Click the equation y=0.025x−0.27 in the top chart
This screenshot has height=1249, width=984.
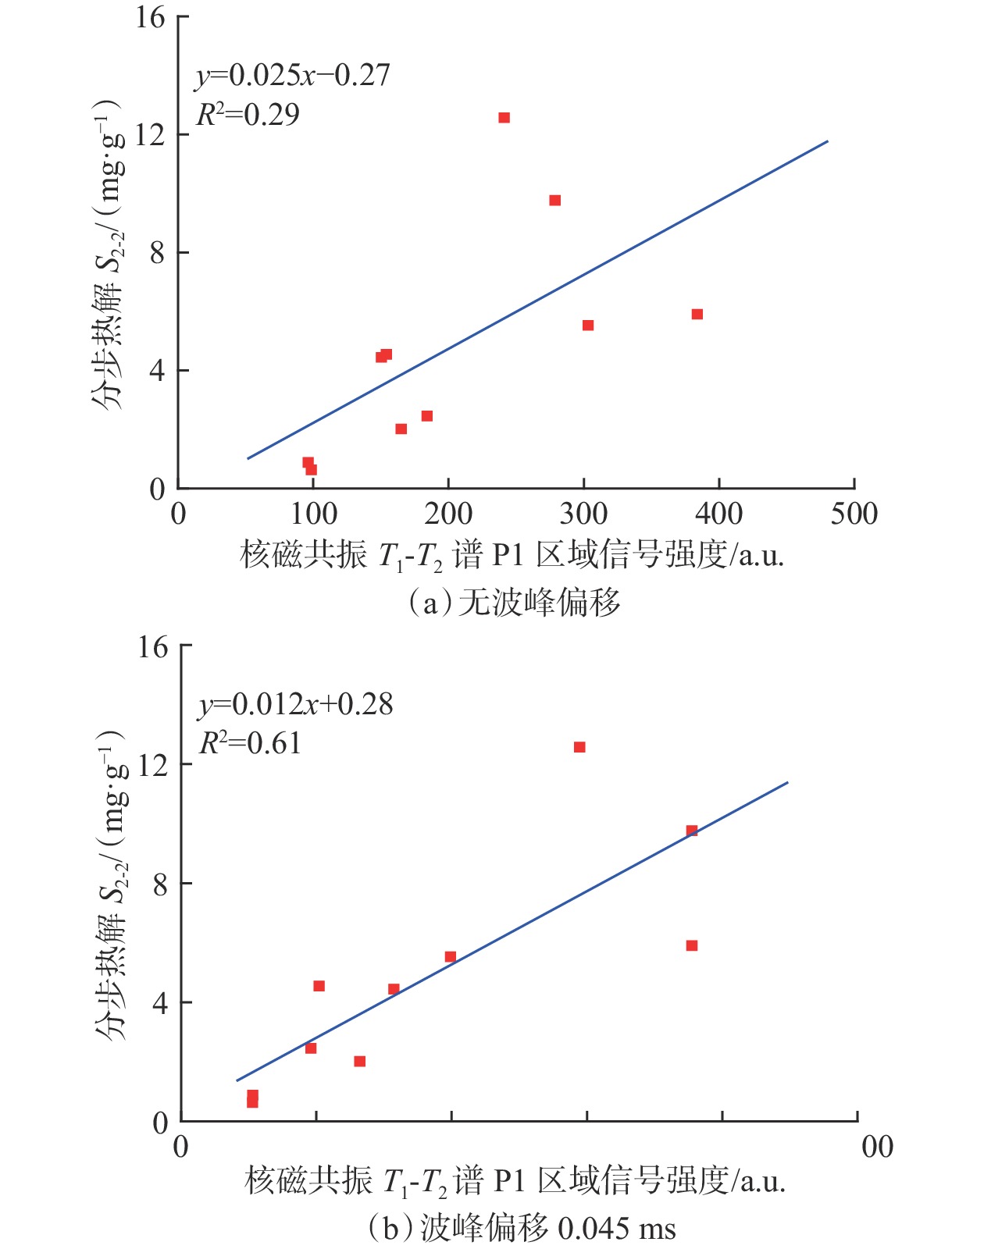point(293,76)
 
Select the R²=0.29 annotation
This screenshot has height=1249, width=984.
point(248,115)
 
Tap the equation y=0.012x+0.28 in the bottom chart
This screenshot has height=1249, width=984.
point(296,705)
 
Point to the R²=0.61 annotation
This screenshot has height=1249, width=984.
point(251,743)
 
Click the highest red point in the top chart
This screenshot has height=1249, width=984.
point(504,118)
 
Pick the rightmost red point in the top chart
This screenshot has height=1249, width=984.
point(697,315)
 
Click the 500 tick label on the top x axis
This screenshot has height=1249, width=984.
point(854,514)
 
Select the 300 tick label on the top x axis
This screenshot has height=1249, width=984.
point(583,514)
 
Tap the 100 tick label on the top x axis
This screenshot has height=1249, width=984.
point(313,514)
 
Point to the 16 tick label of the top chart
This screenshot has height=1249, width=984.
point(151,17)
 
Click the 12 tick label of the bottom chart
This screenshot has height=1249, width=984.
point(153,764)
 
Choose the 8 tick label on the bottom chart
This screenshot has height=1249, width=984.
point(160,883)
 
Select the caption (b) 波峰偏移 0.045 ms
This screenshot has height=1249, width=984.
point(521,1229)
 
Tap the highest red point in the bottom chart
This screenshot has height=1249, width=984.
point(579,747)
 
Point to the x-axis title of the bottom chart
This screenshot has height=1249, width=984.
point(515,1182)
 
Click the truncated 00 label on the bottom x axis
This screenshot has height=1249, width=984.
point(877,1147)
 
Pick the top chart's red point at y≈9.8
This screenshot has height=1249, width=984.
point(554,201)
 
